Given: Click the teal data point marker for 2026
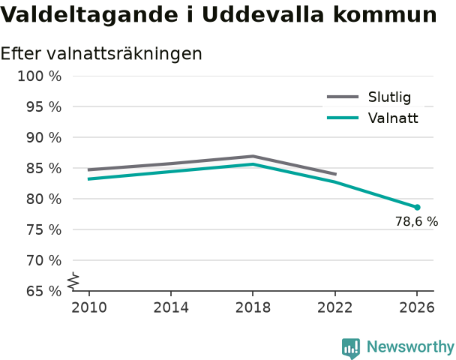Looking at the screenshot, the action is click(x=417, y=207).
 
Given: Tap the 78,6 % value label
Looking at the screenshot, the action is click(x=416, y=221).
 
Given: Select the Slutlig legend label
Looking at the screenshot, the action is click(x=389, y=97).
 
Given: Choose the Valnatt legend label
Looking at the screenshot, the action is click(x=393, y=118).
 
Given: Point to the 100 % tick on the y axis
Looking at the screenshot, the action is click(x=40, y=76).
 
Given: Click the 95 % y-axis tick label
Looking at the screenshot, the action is click(x=44, y=107).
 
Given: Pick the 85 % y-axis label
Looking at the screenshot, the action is click(x=44, y=168).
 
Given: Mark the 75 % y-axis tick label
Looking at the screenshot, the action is click(x=44, y=229).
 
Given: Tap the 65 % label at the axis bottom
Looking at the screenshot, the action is click(x=44, y=291).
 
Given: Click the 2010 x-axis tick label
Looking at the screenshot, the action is click(x=89, y=307).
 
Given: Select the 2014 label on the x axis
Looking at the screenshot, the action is click(x=171, y=307).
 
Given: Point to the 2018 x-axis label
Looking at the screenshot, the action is click(x=253, y=307).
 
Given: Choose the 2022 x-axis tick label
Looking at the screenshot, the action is click(x=334, y=307).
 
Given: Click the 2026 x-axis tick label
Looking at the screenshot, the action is click(x=417, y=307).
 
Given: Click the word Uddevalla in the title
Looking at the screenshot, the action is click(x=263, y=14).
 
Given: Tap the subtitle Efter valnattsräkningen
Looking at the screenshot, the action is click(x=101, y=53).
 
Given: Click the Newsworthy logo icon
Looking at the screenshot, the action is click(x=351, y=348).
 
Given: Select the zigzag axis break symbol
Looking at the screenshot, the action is click(x=73, y=281).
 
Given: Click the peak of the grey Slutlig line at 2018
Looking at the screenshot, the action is click(x=253, y=157).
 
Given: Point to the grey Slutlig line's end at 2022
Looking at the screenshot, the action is click(x=336, y=174).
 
